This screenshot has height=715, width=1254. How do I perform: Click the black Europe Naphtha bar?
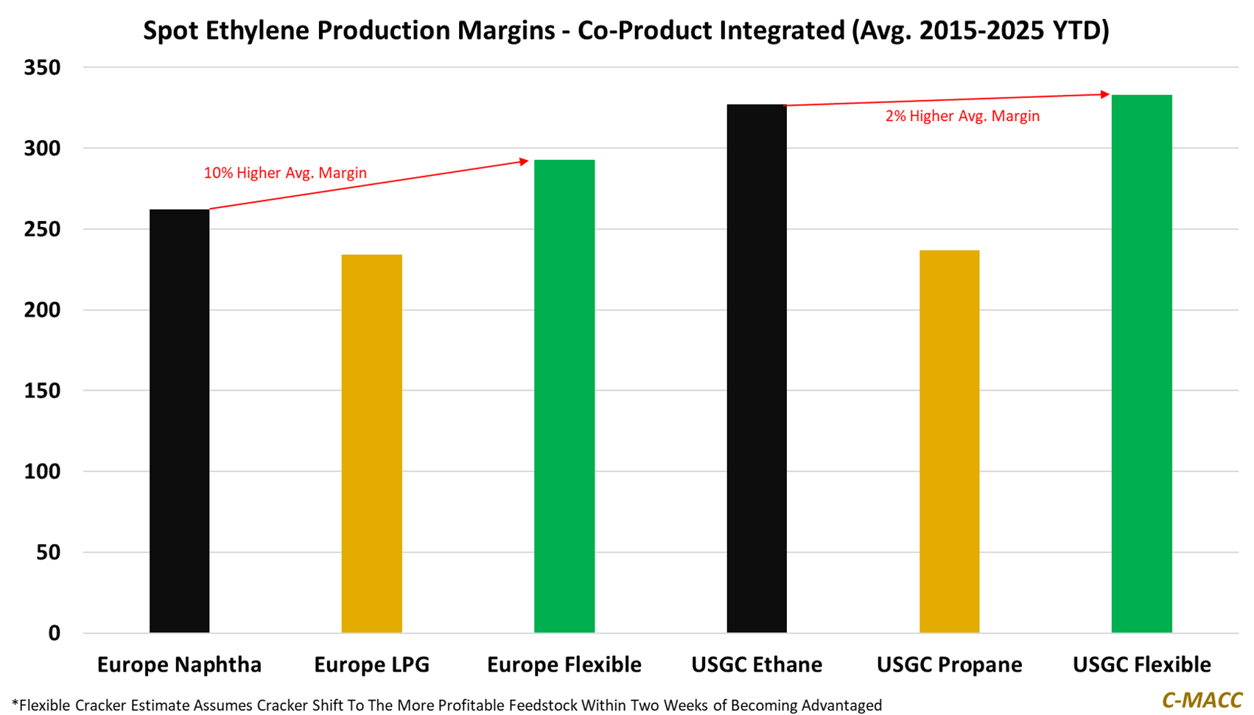pyautogui.click(x=179, y=420)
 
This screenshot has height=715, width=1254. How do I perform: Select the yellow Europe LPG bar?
pyautogui.click(x=371, y=443)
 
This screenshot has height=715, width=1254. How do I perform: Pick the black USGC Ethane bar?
pyautogui.click(x=757, y=368)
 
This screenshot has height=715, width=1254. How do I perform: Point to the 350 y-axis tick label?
pyautogui.click(x=42, y=68)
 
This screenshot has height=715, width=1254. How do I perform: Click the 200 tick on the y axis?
pyautogui.click(x=42, y=310)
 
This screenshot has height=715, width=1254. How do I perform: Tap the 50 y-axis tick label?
pyautogui.click(x=48, y=552)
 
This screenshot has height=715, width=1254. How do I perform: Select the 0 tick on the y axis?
pyautogui.click(x=54, y=633)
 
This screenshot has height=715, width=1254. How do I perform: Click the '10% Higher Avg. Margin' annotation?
pyautogui.click(x=285, y=173)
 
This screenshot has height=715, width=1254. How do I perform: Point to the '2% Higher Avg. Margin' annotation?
pyautogui.click(x=962, y=116)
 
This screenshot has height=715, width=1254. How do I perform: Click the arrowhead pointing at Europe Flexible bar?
pyautogui.click(x=524, y=161)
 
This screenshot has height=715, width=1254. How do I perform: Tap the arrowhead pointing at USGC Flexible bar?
pyautogui.click(x=1105, y=94)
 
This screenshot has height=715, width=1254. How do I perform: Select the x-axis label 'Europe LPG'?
pyautogui.click(x=371, y=665)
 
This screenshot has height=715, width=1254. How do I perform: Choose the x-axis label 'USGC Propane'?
pyautogui.click(x=949, y=665)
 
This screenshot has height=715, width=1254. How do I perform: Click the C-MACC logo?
pyautogui.click(x=1202, y=700)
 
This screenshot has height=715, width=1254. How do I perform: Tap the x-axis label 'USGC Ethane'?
pyautogui.click(x=757, y=665)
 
